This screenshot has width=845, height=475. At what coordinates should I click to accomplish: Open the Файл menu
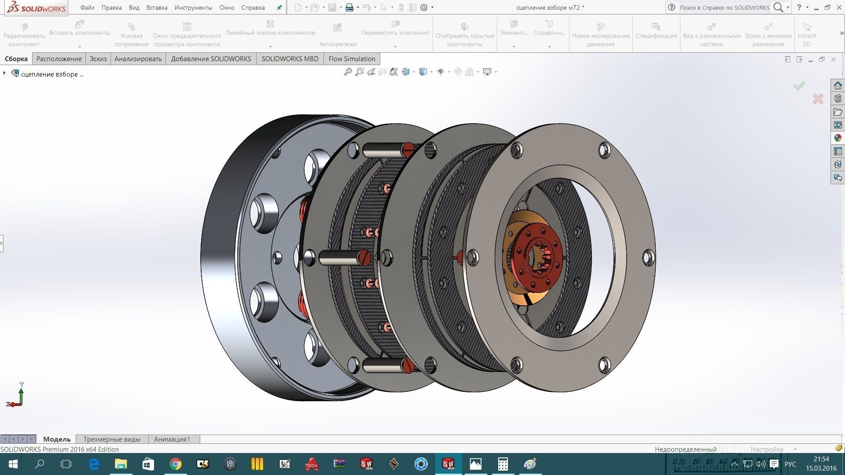click(x=87, y=7)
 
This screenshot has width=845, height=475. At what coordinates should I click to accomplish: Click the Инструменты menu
click(x=193, y=7)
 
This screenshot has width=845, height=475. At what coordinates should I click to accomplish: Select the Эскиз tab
click(x=98, y=58)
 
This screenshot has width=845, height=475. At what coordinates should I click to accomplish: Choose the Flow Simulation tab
click(x=352, y=58)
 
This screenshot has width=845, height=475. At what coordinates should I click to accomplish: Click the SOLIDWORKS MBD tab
click(x=290, y=58)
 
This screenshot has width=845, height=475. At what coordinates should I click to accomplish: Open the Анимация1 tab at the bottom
click(x=172, y=439)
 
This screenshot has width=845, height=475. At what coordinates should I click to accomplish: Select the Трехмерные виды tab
click(x=112, y=439)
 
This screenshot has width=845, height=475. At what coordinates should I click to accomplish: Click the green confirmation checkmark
click(x=799, y=86)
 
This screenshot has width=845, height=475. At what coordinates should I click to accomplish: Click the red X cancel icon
click(x=818, y=99)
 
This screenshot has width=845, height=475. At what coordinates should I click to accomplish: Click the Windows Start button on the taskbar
click(x=13, y=464)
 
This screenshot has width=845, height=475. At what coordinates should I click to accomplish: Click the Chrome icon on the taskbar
click(x=176, y=464)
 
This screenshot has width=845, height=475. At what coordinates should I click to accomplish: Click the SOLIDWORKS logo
click(x=37, y=7)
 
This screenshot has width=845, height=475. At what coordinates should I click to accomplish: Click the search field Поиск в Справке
click(x=724, y=7)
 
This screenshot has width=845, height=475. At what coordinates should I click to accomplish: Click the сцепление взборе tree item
click(x=52, y=74)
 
